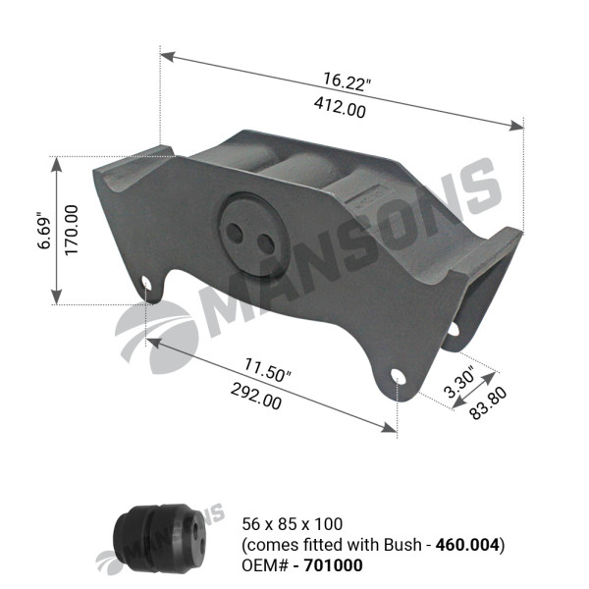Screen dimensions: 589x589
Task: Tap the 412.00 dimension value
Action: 339,109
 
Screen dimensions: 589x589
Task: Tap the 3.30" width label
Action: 459,386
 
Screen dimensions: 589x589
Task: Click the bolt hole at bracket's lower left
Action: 147,285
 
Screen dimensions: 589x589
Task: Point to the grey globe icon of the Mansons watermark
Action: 154,335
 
